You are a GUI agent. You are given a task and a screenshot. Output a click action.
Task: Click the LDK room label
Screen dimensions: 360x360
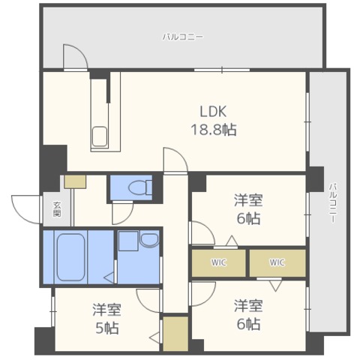(213, 112)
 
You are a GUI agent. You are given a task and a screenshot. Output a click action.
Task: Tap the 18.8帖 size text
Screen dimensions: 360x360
(214, 130)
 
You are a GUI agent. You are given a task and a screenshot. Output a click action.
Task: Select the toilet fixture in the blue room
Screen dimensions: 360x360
(139, 187)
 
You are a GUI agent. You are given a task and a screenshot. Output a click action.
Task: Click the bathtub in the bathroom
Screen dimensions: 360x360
(70, 257)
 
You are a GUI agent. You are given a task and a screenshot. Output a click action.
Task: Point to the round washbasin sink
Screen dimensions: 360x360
(149, 239)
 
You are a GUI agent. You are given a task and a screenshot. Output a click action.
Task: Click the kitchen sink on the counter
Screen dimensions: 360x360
(100, 136)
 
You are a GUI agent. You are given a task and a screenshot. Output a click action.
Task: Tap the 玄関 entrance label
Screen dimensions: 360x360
(57, 209)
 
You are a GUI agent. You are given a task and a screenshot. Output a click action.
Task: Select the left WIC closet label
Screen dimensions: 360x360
(219, 262)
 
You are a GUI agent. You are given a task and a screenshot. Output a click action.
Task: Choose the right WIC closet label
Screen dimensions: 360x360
(277, 262)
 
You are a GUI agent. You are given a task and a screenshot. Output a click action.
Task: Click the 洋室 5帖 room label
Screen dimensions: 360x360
(107, 319)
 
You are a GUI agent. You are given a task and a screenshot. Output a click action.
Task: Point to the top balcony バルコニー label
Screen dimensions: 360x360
(183, 37)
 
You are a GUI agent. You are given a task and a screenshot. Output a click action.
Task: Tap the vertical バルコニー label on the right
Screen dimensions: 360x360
(332, 203)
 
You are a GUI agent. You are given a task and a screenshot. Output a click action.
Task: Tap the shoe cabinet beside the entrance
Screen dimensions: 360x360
(75, 181)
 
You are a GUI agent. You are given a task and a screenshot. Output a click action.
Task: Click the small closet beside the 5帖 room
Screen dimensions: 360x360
(175, 334)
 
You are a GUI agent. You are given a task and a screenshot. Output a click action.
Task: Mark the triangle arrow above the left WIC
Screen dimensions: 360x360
(232, 241)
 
